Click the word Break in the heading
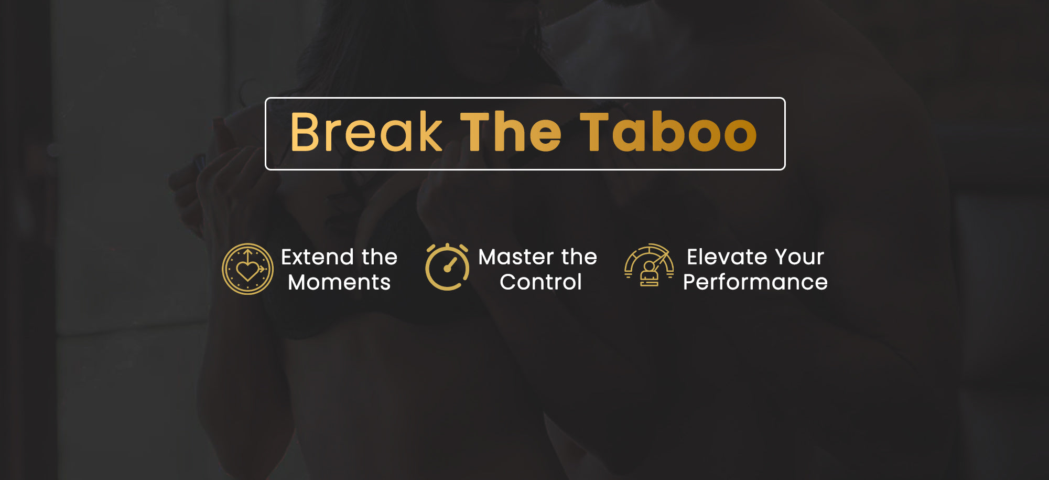(366, 132)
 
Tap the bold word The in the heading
(511, 132)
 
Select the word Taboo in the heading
(668, 132)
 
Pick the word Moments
(339, 282)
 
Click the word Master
(516, 257)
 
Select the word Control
(540, 282)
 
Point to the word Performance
(755, 282)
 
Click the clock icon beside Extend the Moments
(247, 269)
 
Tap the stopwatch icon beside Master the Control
(447, 267)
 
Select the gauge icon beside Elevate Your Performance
(649, 265)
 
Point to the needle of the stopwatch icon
(450, 264)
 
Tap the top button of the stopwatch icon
(447, 246)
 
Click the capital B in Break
(304, 132)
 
